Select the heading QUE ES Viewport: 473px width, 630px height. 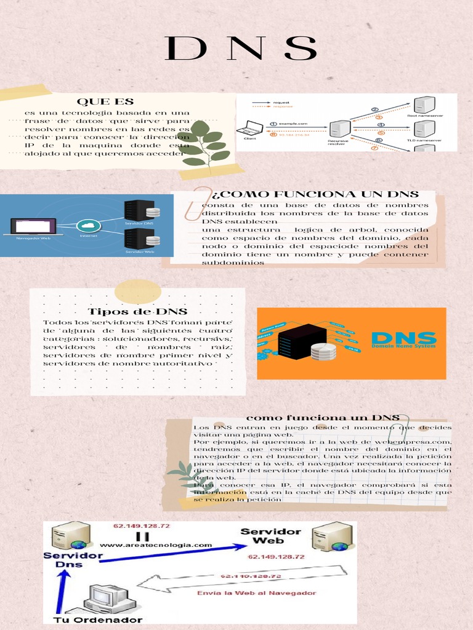[x=105, y=102]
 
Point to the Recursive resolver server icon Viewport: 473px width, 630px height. [x=339, y=129]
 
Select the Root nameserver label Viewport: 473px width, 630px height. [x=424, y=115]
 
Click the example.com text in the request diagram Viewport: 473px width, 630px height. [x=294, y=124]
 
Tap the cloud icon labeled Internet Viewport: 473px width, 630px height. [x=89, y=225]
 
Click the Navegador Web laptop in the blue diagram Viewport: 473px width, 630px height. [x=33, y=226]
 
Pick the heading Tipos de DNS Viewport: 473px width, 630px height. [x=137, y=312]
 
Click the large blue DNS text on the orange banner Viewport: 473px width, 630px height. [x=404, y=338]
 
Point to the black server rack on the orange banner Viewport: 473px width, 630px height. [x=301, y=342]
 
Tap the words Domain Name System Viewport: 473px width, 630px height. [x=404, y=348]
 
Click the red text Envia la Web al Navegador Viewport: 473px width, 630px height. [x=256, y=593]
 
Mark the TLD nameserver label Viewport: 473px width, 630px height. [x=424, y=140]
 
